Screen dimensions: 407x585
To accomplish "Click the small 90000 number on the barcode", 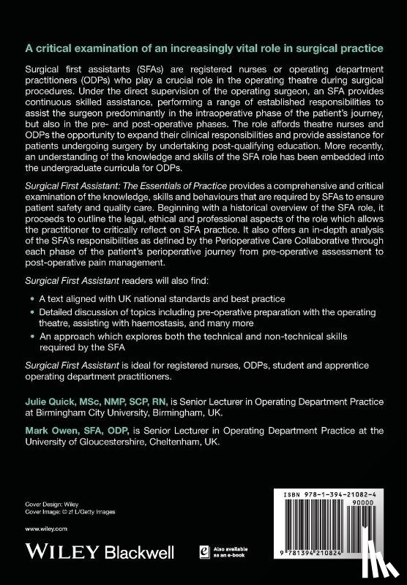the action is [377, 505].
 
